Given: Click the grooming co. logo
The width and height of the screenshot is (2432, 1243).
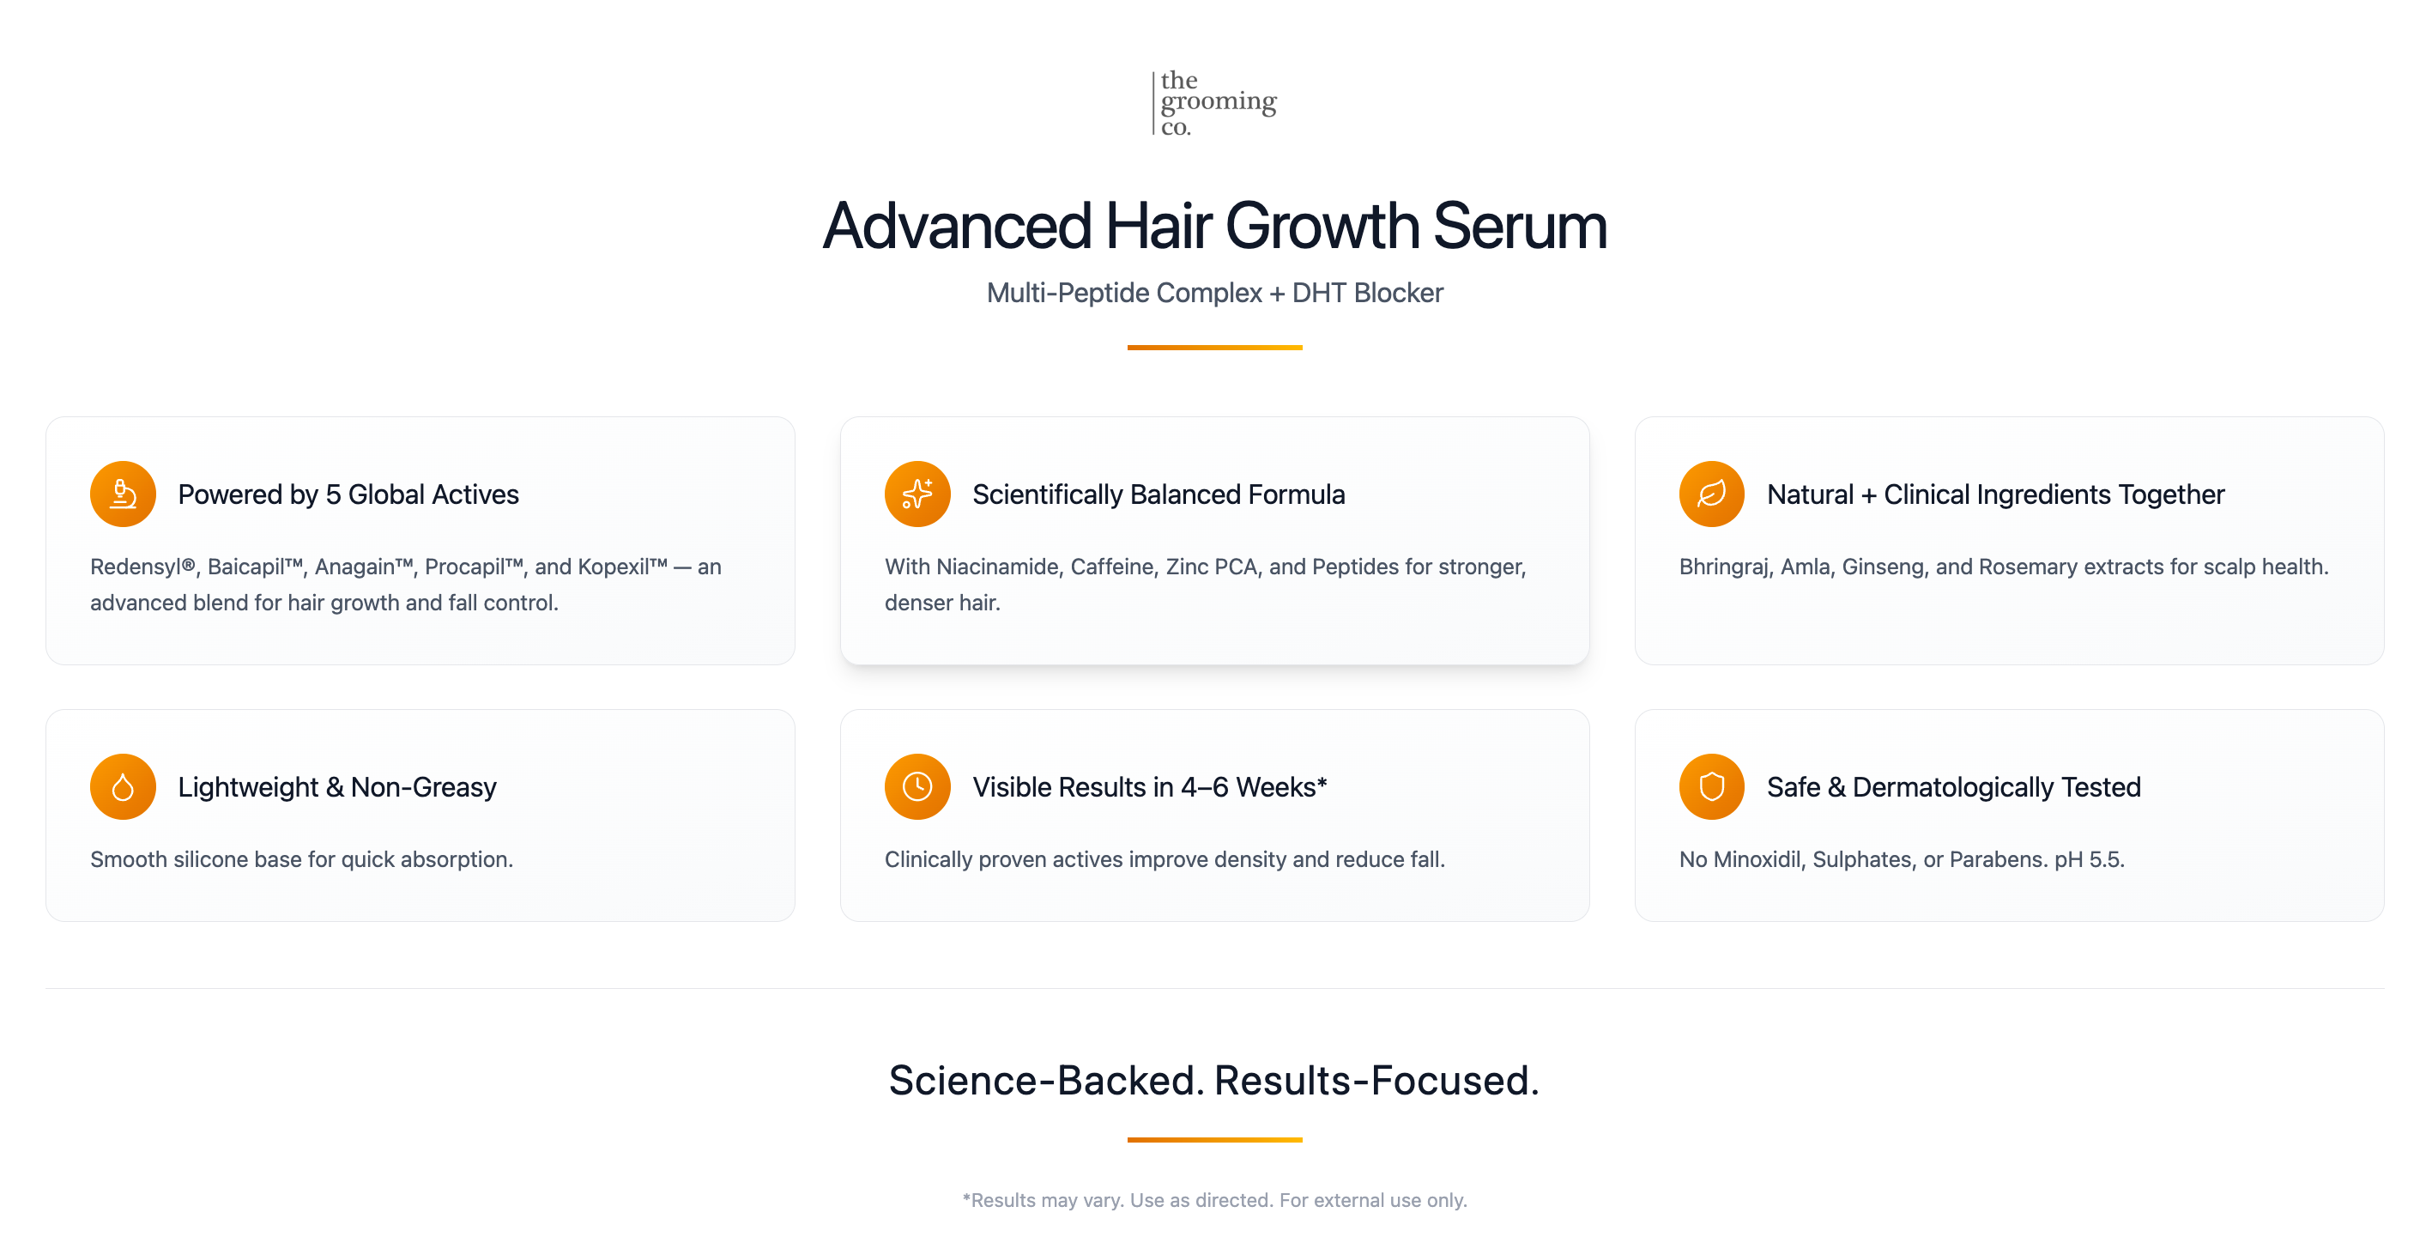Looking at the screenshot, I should [1215, 102].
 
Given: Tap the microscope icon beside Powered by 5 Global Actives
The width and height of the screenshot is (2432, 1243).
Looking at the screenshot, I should [123, 494].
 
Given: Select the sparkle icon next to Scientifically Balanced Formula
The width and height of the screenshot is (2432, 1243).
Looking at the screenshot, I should [917, 494].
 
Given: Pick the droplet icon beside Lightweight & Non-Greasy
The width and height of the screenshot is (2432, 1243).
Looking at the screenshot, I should [123, 787].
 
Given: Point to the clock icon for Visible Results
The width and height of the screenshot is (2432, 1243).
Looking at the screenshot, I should [917, 787].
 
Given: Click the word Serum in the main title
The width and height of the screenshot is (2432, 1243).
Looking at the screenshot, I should [1519, 227].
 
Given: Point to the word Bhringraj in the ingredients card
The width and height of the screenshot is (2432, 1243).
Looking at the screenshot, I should [1724, 567].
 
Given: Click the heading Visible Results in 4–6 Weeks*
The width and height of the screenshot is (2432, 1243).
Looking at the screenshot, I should [1149, 787].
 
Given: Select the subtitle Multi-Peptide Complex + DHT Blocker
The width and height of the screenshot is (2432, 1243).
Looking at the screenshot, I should [1214, 293].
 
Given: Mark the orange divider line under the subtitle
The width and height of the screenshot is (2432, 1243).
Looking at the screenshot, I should [1214, 348].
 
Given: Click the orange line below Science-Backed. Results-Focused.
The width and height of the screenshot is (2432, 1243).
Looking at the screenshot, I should [1214, 1140].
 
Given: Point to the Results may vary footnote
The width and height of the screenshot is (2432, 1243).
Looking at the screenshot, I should [1214, 1200].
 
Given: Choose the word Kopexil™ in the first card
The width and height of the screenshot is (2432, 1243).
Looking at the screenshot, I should [622, 567].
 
